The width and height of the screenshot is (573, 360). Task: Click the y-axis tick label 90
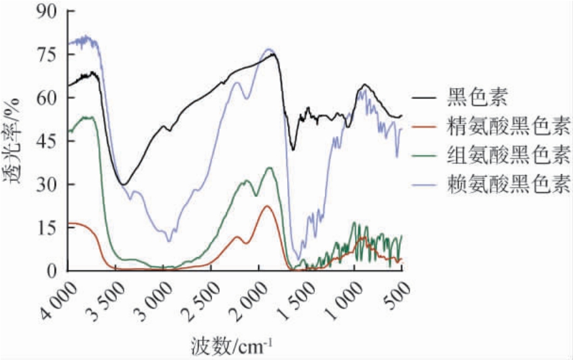pyautogui.click(x=47, y=11)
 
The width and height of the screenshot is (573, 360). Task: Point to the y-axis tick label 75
pyautogui.click(x=47, y=54)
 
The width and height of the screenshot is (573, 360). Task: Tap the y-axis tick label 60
pyautogui.click(x=47, y=97)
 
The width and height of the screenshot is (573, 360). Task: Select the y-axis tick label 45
pyautogui.click(x=47, y=141)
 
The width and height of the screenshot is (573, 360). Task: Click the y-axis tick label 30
pyautogui.click(x=47, y=184)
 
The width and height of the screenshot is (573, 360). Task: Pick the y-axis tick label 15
pyautogui.click(x=47, y=227)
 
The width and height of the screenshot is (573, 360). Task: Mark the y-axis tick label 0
pyautogui.click(x=53, y=271)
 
